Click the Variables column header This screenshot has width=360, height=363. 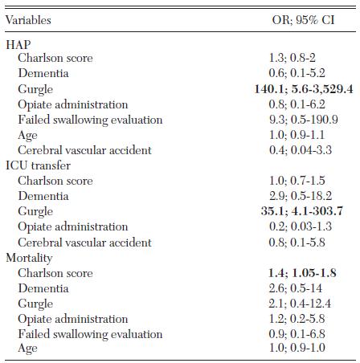[28, 20]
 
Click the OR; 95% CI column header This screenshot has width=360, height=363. [303, 20]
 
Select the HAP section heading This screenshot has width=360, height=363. [18, 44]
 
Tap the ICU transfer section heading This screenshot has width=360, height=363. [38, 165]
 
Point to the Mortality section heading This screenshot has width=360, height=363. [29, 259]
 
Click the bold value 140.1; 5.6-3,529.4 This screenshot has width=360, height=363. [304, 89]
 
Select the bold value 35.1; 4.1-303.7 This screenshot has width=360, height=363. [302, 211]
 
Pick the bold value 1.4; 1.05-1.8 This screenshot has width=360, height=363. [302, 273]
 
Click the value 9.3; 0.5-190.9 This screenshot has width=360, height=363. [304, 120]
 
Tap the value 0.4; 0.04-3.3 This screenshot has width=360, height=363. [301, 150]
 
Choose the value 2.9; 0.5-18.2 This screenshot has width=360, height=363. [301, 196]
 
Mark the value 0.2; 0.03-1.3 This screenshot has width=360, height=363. [301, 226]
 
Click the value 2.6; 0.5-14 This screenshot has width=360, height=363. [296, 288]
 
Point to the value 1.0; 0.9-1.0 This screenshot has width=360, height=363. [297, 348]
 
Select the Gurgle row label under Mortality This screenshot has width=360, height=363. [35, 304]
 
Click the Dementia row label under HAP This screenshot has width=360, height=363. [43, 73]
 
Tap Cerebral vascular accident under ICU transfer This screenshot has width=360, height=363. [84, 243]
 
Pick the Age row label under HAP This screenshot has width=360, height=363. [27, 136]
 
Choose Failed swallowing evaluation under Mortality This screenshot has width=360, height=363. [90, 335]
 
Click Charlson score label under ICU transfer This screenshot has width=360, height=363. [55, 181]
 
